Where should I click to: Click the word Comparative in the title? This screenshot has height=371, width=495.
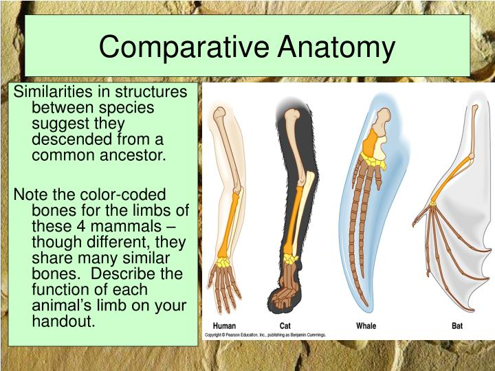(184, 47)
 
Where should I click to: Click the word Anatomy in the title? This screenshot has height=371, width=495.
(336, 47)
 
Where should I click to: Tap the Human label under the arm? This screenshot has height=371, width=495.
(224, 326)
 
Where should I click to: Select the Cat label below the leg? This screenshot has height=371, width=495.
(285, 326)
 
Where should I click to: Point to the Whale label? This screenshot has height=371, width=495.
(366, 326)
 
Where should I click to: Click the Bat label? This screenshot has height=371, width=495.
(457, 326)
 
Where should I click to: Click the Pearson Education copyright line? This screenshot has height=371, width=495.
(265, 335)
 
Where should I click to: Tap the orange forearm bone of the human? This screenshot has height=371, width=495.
(228, 225)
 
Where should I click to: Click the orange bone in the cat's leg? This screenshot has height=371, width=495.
(292, 220)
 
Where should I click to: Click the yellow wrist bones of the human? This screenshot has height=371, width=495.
(224, 262)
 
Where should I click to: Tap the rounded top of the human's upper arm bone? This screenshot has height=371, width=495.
(219, 113)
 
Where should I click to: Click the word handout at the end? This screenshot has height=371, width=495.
(63, 322)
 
